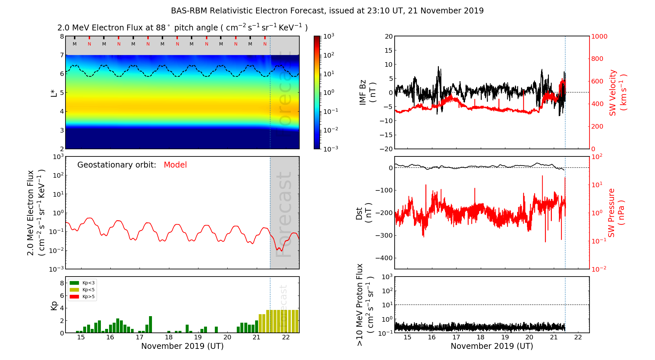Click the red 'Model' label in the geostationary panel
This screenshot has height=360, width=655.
pyautogui.click(x=175, y=165)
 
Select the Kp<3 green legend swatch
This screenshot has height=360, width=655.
pyautogui.click(x=74, y=283)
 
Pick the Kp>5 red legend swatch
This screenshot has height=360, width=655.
pyautogui.click(x=74, y=297)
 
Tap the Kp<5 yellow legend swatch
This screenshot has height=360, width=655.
pyautogui.click(x=74, y=290)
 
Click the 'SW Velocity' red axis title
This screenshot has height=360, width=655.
pyautogui.click(x=613, y=93)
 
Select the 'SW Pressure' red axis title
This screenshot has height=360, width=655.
pyautogui.click(x=611, y=213)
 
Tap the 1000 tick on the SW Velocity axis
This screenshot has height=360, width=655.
pyautogui.click(x=599, y=36)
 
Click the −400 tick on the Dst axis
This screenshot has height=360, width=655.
pyautogui.click(x=384, y=258)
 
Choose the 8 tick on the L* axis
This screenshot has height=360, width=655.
pyautogui.click(x=62, y=36)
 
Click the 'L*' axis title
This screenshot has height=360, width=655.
pyautogui.click(x=54, y=92)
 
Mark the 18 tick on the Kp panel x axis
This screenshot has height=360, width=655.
pyautogui.click(x=169, y=337)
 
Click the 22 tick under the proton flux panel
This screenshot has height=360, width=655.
pyautogui.click(x=578, y=337)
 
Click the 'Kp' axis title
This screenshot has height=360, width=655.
pyautogui.click(x=54, y=305)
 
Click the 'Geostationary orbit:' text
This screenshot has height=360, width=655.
pyautogui.click(x=117, y=165)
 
